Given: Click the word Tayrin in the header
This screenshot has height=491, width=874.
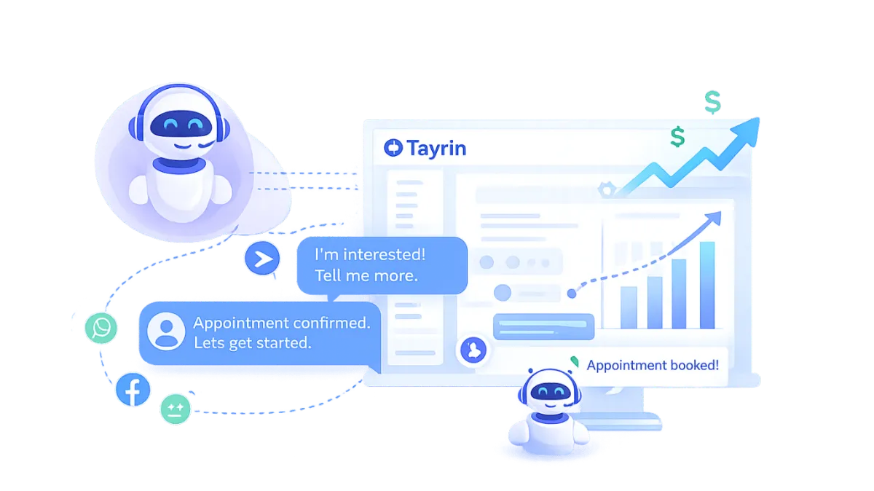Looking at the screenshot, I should click(436, 149).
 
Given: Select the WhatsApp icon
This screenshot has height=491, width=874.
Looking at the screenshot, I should click(101, 328).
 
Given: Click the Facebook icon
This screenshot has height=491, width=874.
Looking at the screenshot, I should click(133, 391).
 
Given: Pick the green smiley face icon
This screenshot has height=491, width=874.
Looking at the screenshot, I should click(175, 408).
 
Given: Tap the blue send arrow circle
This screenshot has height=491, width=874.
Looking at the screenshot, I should click(262, 259).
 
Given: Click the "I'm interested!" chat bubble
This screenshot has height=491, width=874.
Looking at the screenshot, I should click(380, 265).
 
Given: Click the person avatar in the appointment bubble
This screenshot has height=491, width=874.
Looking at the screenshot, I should click(166, 331).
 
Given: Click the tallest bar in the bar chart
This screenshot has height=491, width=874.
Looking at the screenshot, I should click(706, 285).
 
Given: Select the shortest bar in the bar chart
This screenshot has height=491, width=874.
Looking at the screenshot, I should click(629, 307).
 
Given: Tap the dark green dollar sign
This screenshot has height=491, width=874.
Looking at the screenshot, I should click(677, 136).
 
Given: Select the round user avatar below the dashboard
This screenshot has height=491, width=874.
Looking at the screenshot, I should click(474, 350).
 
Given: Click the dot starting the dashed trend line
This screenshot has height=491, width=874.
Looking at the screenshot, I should click(572, 294).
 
